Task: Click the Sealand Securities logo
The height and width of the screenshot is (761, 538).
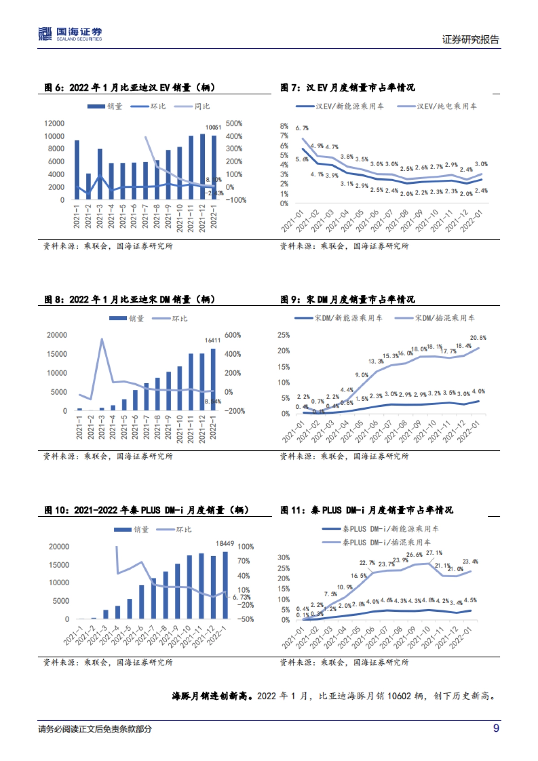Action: coord(70,34)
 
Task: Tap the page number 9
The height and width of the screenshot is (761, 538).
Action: coord(496,728)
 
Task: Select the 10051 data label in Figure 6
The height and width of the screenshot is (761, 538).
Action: coord(213,127)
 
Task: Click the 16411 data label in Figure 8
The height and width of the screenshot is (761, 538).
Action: coord(213,340)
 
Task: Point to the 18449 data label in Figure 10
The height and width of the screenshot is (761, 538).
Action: coord(225,543)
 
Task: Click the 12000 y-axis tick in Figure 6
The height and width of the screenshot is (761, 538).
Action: coord(54,123)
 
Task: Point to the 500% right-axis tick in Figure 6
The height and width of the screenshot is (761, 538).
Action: coord(234,123)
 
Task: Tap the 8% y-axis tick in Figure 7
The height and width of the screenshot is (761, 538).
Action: coord(284,126)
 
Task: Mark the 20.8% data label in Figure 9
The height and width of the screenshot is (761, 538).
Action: coord(478,337)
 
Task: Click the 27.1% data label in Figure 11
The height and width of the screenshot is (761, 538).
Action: coord(434,553)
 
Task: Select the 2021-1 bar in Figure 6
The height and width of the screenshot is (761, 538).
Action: coord(77,170)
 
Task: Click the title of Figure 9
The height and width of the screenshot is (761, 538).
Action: coord(348,299)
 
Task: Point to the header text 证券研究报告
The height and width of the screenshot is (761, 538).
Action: coord(470,39)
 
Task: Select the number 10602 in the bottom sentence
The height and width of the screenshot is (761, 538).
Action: coord(399,696)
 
